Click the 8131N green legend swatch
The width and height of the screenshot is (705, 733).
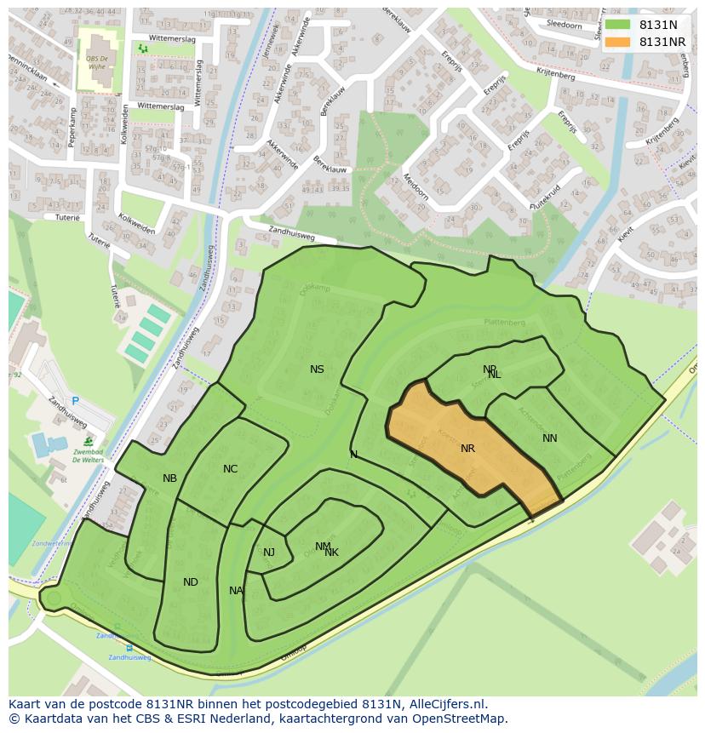click(618, 26)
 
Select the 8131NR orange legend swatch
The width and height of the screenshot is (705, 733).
click(618, 42)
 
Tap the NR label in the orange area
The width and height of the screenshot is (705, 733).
click(467, 449)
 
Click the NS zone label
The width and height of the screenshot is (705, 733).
click(317, 369)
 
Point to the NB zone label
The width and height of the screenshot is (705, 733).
click(169, 478)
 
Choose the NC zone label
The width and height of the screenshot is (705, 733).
click(230, 469)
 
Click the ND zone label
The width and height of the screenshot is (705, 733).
click(190, 582)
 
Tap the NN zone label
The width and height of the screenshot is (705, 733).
click(549, 438)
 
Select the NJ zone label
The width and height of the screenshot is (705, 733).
click(268, 553)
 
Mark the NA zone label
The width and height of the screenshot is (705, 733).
click(236, 591)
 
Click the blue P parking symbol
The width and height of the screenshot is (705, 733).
click(75, 401)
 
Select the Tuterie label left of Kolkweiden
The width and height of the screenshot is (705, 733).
click(67, 218)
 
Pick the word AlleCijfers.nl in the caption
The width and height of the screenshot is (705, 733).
click(445, 704)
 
